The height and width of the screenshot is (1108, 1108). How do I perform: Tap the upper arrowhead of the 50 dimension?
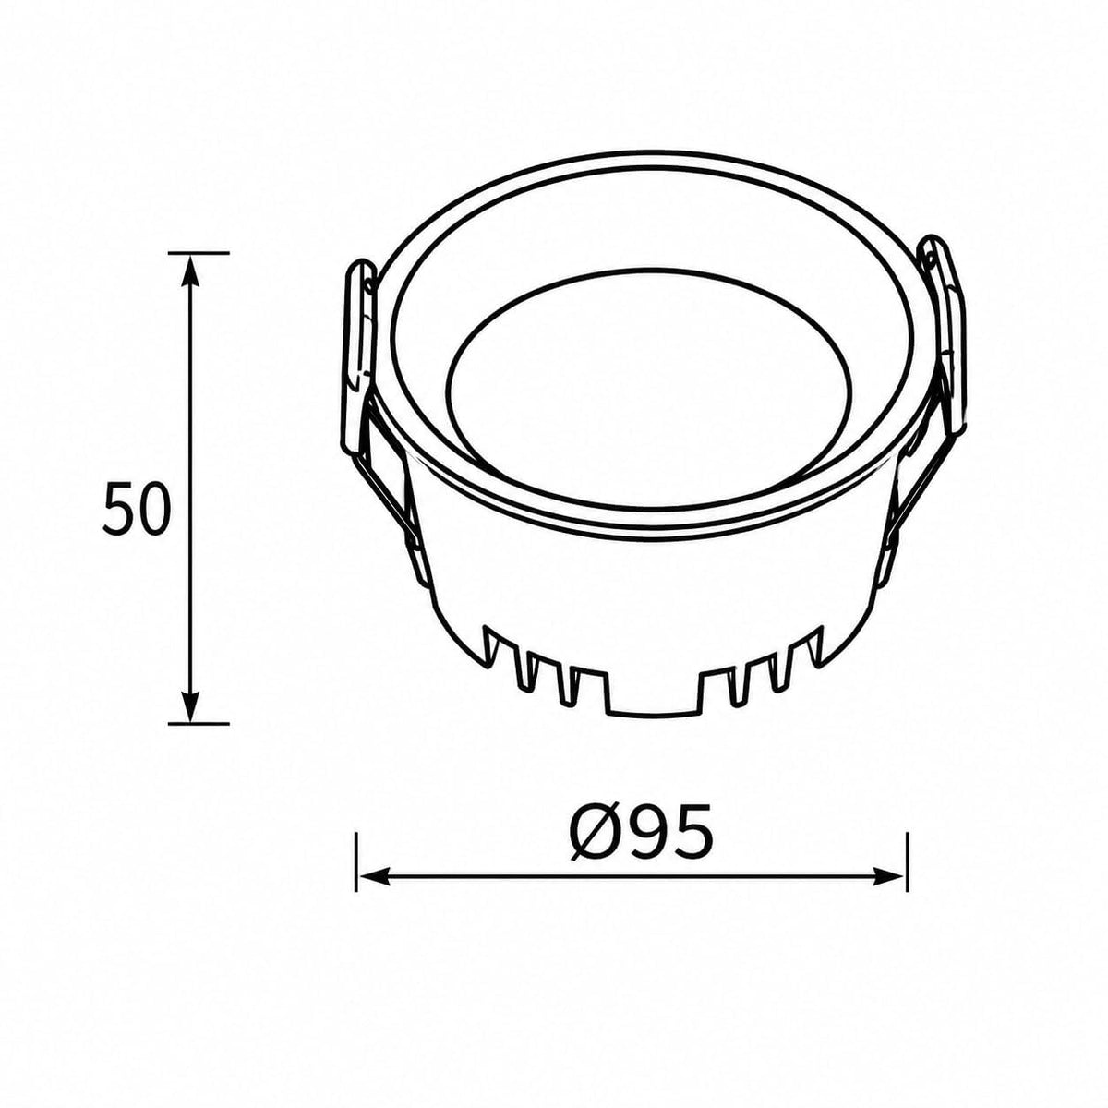[x=190, y=270]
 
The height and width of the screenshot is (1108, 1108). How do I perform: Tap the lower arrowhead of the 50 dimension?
[x=190, y=705]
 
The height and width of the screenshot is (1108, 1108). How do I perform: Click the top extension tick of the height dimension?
[x=199, y=252]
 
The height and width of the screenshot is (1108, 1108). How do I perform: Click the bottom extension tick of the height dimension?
[x=199, y=723]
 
